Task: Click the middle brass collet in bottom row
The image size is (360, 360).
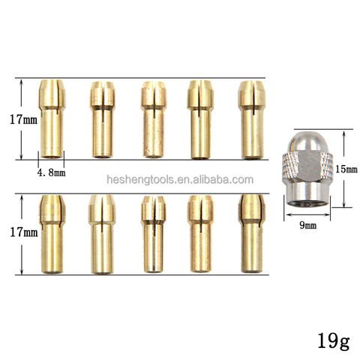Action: click(151, 233)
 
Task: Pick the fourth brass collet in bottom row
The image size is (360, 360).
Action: click(199, 233)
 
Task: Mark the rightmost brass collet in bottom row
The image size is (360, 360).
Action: click(250, 233)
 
